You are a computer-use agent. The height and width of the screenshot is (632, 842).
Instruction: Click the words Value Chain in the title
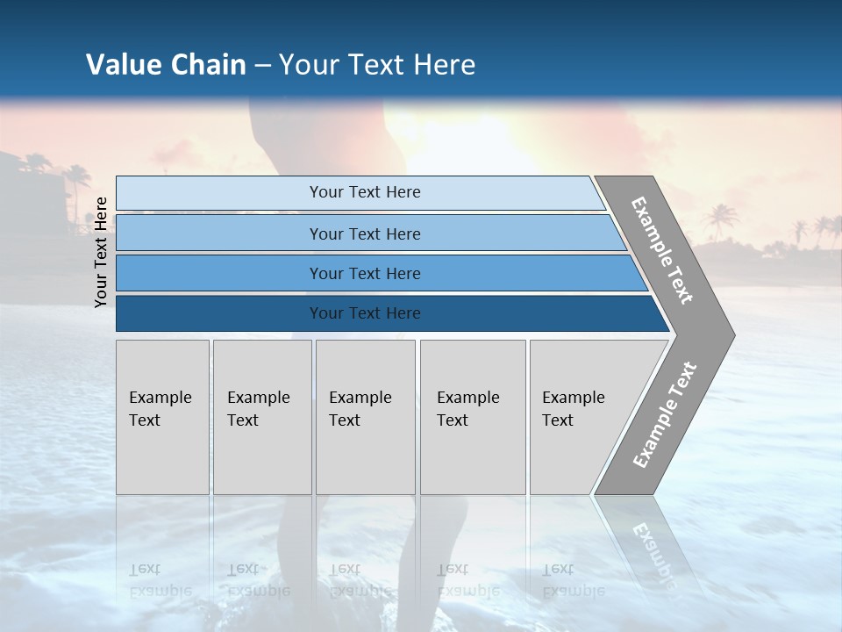point(166,65)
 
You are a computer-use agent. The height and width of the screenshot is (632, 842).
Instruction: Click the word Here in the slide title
point(444,65)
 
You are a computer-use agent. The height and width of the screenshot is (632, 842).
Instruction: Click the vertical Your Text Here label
point(102,252)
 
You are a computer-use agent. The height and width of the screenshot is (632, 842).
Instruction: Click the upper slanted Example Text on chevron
point(662,250)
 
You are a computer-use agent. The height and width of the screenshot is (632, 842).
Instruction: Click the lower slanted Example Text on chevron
point(665,414)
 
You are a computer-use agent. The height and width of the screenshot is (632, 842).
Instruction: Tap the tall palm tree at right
point(721,219)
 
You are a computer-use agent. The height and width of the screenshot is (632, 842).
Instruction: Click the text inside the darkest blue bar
point(365,313)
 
